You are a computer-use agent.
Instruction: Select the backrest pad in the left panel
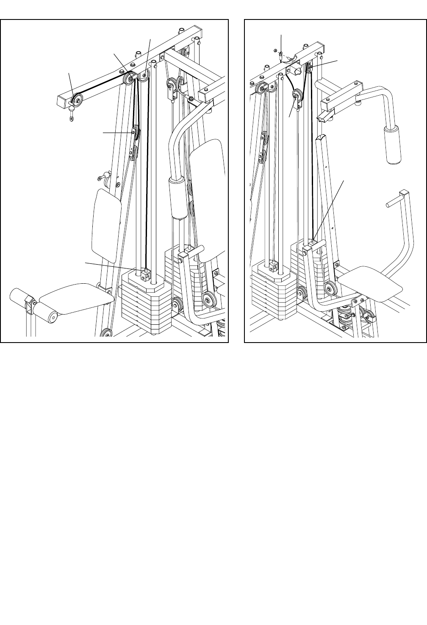(x=106, y=225)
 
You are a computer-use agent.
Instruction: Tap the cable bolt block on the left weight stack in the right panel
(x=272, y=266)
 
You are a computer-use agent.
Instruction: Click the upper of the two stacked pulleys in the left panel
(x=135, y=132)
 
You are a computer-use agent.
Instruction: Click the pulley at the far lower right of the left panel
(x=208, y=300)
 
